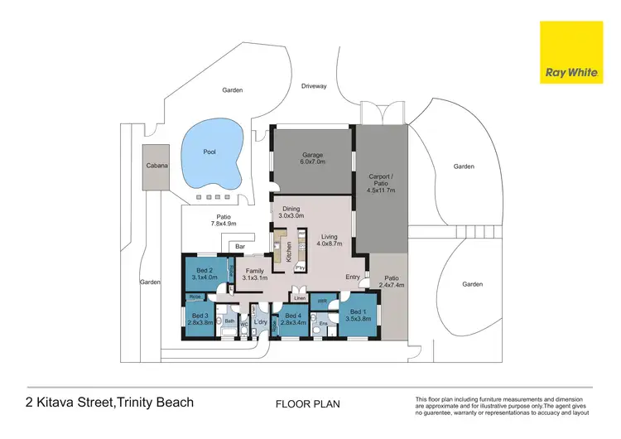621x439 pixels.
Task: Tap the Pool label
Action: (209, 152)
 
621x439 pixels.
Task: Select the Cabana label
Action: (156, 166)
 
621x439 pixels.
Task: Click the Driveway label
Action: (314, 85)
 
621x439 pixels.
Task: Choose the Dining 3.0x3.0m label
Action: (291, 212)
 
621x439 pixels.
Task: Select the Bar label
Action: (240, 247)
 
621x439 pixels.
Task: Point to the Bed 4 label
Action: (294, 319)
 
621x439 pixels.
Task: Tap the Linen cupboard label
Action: (299, 298)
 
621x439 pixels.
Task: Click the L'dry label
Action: (259, 321)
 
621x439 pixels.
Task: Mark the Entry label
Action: (354, 277)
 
